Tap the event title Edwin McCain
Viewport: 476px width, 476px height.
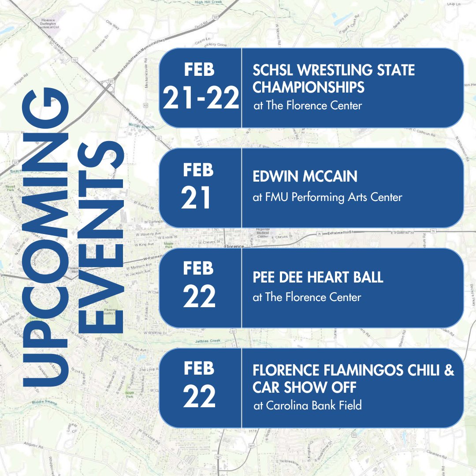pos(305,177)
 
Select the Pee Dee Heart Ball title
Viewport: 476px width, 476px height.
pos(318,277)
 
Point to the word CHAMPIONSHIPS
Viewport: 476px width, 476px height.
pos(309,87)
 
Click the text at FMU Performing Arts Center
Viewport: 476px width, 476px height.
pos(327,197)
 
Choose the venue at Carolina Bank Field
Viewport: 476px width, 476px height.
pos(308,405)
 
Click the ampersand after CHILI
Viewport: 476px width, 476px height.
pos(449,372)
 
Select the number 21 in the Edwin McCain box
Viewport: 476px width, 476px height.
pos(196,198)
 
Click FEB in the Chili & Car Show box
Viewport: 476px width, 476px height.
pos(199,368)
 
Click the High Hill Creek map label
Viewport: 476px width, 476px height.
pos(208,3)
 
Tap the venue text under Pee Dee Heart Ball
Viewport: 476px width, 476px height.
pos(307,297)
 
